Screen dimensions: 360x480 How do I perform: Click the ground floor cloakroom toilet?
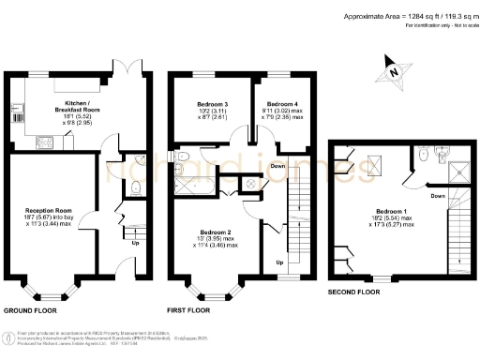(134, 187)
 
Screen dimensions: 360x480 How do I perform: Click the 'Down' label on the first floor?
(277, 166)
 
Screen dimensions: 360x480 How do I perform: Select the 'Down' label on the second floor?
(437, 196)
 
